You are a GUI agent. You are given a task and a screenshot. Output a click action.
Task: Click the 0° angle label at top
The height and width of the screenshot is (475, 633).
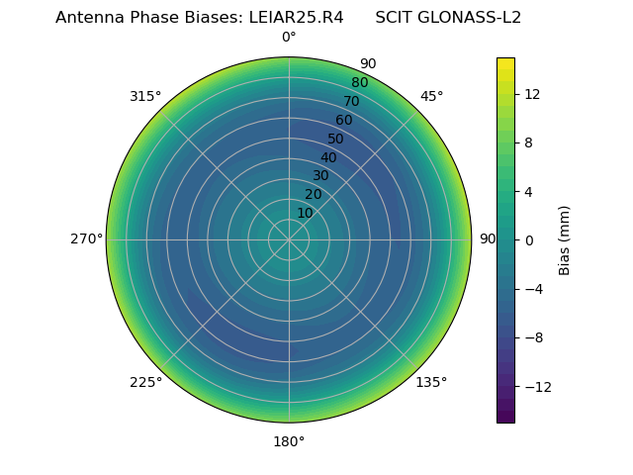tap(289, 38)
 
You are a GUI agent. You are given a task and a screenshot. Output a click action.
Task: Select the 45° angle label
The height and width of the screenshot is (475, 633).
tap(431, 96)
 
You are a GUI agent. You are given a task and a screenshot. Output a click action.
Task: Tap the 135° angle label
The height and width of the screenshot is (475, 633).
tap(431, 382)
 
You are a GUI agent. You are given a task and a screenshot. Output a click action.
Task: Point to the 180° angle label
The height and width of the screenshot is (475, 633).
tap(289, 441)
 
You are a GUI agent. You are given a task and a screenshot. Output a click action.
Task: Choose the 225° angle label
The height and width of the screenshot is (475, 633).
tap(145, 382)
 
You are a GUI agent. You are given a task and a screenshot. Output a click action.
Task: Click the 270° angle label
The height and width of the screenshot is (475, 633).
tap(87, 239)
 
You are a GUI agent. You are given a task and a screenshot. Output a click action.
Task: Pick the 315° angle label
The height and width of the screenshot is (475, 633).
tap(145, 96)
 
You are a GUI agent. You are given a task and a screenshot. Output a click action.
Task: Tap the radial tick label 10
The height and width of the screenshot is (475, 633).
tap(305, 213)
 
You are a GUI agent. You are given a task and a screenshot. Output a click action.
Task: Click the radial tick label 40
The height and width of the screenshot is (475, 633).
tap(328, 157)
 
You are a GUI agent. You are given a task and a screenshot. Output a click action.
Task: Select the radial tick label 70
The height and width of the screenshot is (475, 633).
tap(351, 101)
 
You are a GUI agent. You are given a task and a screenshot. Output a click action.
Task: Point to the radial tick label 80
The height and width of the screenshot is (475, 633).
tap(359, 82)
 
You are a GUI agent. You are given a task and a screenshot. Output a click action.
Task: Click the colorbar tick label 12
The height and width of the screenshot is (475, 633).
tap(531, 94)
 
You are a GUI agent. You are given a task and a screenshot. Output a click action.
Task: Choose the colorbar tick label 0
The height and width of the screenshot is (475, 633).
tap(529, 239)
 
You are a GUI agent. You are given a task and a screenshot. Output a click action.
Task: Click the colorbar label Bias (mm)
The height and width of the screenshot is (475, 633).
tap(565, 239)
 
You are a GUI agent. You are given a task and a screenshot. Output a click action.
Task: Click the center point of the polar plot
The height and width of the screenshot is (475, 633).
tap(289, 239)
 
